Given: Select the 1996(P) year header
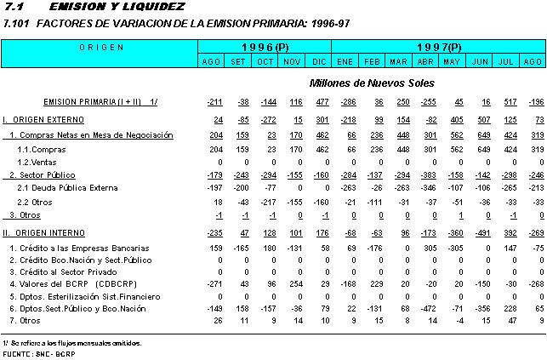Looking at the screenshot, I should point(265,46).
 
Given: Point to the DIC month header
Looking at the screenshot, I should point(319,61).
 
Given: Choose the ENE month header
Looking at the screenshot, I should point(345,61).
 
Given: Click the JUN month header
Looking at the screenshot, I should point(480,61).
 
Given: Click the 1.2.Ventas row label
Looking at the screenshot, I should point(38,161).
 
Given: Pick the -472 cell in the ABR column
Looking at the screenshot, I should point(427,308).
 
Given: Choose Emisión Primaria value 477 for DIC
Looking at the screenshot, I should point(321,102).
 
